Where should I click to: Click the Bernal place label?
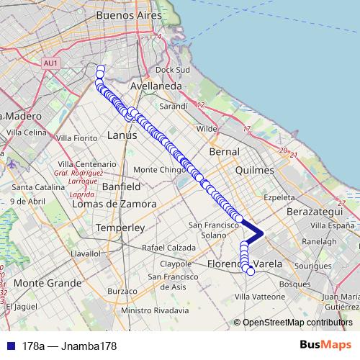[222, 153]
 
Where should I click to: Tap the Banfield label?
[121, 186]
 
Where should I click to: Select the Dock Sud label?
[172, 70]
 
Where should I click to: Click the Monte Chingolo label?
[161, 170]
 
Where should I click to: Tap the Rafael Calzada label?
[168, 248]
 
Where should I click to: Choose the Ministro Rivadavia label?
[156, 310]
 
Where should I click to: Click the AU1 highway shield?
[50, 63]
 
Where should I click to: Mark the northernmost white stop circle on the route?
[100, 69]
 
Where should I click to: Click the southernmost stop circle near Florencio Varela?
[250, 271]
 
